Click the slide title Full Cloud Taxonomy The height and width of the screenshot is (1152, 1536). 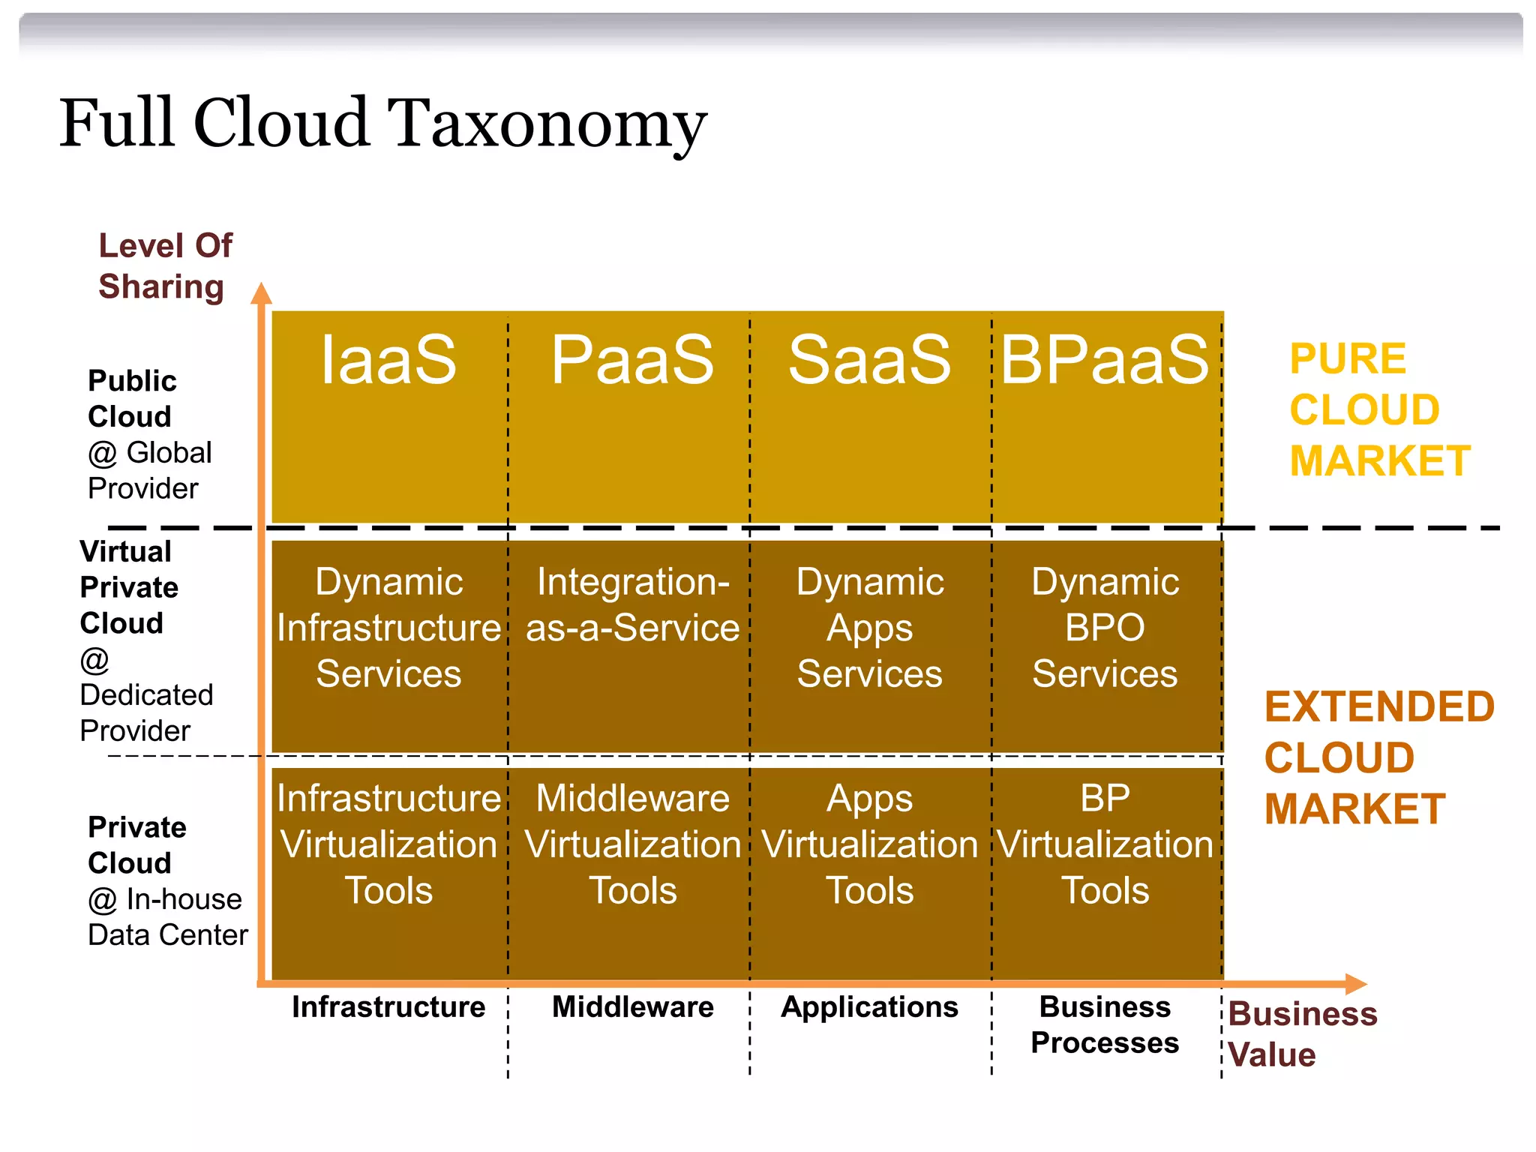382,124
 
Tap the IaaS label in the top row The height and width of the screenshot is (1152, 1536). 388,360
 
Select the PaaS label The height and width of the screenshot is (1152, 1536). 632,360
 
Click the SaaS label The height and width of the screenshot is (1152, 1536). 869,360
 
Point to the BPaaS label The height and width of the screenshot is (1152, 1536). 1105,360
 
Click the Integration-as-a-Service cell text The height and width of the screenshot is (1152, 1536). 632,604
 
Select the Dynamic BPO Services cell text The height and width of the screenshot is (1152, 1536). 1105,628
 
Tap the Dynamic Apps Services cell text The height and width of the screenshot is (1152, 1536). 869,628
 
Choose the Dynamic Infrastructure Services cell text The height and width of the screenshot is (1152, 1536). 388,628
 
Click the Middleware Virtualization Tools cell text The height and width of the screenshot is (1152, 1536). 632,844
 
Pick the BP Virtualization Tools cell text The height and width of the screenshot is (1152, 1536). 1105,844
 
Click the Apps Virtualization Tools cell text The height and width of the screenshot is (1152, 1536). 869,844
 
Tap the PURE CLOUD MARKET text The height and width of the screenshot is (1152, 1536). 1378,410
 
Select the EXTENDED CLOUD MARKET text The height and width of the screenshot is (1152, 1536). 1378,757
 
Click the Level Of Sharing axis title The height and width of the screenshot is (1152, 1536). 164,266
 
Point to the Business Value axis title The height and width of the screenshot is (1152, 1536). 1302,1034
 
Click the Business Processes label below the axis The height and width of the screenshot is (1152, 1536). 1105,1024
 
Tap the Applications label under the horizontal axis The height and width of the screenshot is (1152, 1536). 869,1007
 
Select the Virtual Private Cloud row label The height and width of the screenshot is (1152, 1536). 129,588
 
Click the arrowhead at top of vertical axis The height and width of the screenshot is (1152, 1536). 261,294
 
